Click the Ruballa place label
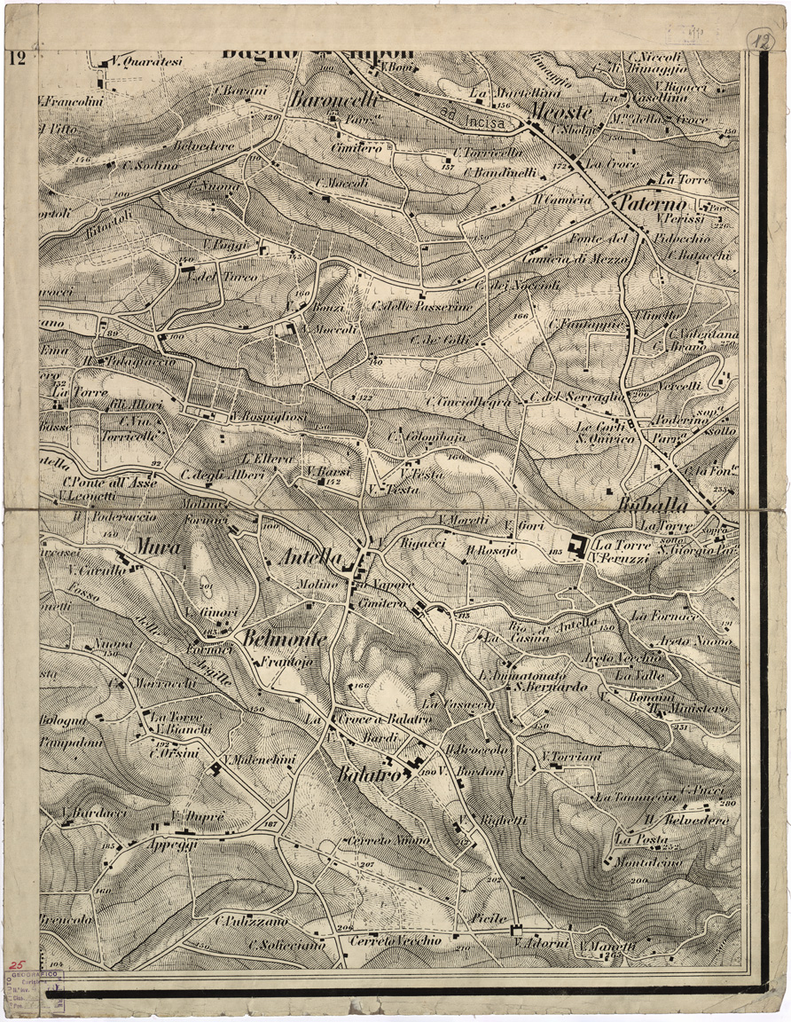point(650,506)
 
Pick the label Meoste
point(559,112)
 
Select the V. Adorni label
point(541,944)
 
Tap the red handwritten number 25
point(16,962)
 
